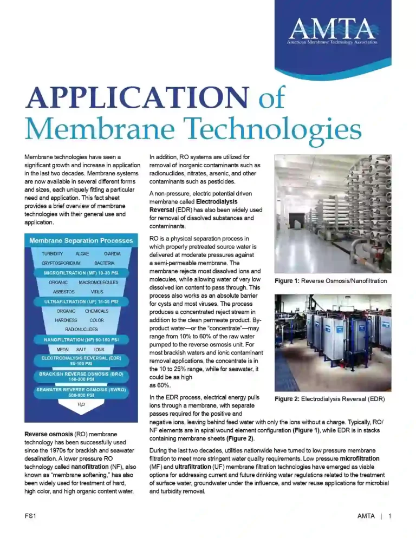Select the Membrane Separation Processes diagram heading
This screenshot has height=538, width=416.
click(81, 240)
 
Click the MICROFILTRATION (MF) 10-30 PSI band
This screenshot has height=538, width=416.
click(81, 273)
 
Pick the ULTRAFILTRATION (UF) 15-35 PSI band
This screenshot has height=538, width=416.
click(81, 301)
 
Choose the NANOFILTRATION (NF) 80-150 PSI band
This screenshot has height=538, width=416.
click(81, 339)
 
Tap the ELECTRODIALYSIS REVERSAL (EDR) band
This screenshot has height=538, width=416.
click(81, 360)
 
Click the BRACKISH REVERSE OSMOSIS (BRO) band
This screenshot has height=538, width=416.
click(81, 376)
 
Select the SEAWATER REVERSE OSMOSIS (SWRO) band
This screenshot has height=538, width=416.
click(81, 392)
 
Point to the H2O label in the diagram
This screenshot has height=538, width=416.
click(81, 404)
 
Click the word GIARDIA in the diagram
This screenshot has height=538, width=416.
click(112, 253)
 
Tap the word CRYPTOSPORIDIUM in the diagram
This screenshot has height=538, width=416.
click(61, 263)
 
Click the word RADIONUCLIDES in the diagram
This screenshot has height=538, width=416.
click(81, 329)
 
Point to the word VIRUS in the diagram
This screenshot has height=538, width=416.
click(97, 291)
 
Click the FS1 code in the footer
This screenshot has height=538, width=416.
click(30, 516)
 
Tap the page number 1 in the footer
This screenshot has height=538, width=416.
click(389, 516)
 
